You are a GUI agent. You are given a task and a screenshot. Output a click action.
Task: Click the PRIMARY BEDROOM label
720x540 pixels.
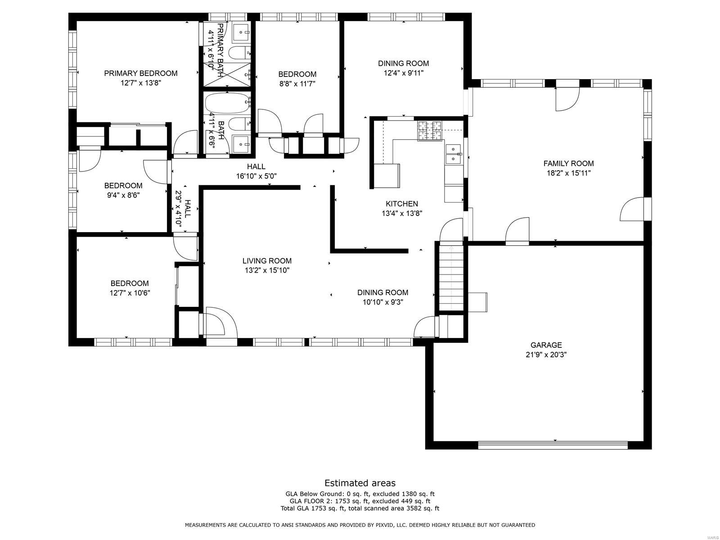click(140, 73)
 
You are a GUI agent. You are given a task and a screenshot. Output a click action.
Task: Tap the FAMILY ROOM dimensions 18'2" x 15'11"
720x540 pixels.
click(568, 173)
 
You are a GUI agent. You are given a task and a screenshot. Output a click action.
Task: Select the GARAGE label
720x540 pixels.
click(546, 345)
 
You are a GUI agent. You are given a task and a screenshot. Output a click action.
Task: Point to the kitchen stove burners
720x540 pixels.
click(429, 130)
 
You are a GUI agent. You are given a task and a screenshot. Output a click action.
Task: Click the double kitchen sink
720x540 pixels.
click(454, 154)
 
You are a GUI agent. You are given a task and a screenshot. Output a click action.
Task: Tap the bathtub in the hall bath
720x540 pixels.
click(227, 103)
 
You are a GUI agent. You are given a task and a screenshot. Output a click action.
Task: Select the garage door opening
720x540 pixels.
click(553, 445)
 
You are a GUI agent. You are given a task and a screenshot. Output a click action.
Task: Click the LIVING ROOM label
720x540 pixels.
click(267, 261)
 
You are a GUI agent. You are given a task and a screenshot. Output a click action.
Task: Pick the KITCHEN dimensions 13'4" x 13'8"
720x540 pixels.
click(401, 214)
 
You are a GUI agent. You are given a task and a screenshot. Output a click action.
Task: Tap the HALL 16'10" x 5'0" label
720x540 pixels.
click(256, 171)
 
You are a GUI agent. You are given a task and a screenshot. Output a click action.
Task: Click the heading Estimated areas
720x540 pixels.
click(360, 483)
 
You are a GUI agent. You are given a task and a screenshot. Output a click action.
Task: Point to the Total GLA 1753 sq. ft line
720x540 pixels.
click(360, 508)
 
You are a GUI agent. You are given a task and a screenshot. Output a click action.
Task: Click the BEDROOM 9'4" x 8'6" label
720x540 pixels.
click(123, 190)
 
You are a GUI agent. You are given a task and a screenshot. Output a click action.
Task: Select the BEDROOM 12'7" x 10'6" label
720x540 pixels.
click(130, 288)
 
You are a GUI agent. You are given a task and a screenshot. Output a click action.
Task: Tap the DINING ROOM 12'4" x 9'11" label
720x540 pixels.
click(403, 68)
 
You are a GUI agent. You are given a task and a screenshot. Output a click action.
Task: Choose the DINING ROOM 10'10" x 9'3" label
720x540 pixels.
click(382, 297)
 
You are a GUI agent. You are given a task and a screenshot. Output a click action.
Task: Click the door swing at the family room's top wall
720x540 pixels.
click(567, 99)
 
